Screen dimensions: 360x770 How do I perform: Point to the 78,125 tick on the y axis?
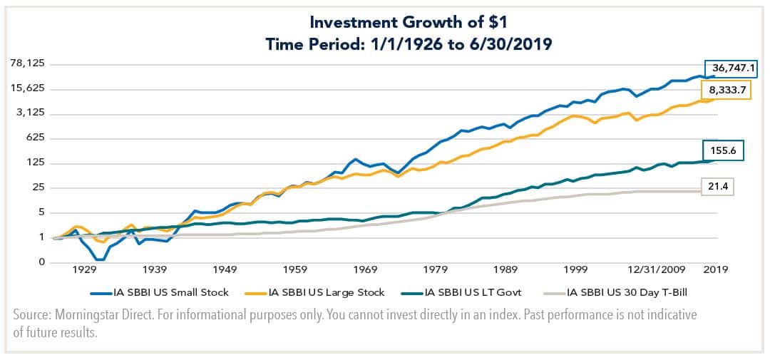[x=27, y=63]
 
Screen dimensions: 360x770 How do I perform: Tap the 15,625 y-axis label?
[x=27, y=88]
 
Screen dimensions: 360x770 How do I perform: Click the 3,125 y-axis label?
[x=30, y=113]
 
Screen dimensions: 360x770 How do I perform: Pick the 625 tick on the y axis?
[x=35, y=138]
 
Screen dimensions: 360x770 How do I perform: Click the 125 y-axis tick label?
[x=35, y=163]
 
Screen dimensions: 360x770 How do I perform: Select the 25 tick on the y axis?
[x=38, y=188]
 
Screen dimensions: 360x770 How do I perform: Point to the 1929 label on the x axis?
[x=84, y=269]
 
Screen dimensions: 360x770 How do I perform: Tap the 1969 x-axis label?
[x=365, y=269]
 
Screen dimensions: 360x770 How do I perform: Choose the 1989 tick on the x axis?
[x=505, y=269]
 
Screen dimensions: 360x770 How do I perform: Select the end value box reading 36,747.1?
[x=731, y=69]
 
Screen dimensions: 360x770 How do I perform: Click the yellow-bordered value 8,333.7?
[x=729, y=91]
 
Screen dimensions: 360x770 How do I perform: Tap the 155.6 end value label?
[x=727, y=150]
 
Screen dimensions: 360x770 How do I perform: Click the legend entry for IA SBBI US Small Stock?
[x=165, y=292]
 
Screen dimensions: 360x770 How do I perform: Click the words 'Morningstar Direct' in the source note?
[x=101, y=314]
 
